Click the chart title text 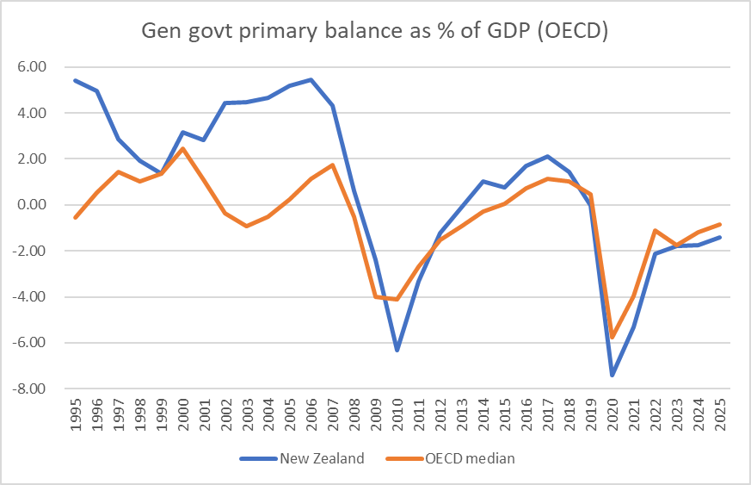[375, 32]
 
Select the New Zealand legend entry [322, 458]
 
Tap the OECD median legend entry [470, 458]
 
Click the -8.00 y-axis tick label [28, 389]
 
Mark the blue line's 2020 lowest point [612, 375]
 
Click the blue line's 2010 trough [397, 351]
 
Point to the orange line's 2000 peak [182, 148]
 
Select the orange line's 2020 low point [612, 337]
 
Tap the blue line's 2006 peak [311, 79]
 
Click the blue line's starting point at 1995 [76, 80]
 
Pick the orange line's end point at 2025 [720, 224]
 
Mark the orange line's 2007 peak [333, 165]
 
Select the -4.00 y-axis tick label [28, 296]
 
